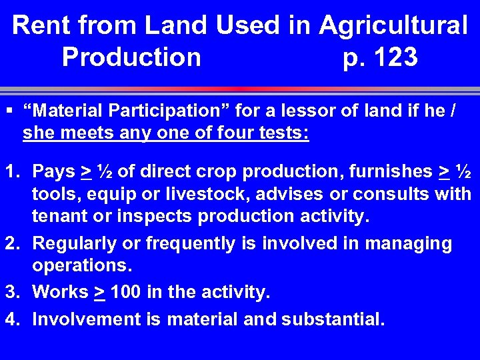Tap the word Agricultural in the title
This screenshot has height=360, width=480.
(393, 26)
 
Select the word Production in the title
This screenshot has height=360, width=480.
(131, 57)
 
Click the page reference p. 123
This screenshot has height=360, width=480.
(379, 57)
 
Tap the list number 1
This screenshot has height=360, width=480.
(11, 171)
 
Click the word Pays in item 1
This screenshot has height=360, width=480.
(54, 171)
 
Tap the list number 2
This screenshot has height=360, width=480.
(11, 243)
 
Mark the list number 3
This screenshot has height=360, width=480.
(11, 292)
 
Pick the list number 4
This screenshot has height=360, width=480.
(11, 319)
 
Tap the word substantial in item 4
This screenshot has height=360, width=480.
(333, 319)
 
